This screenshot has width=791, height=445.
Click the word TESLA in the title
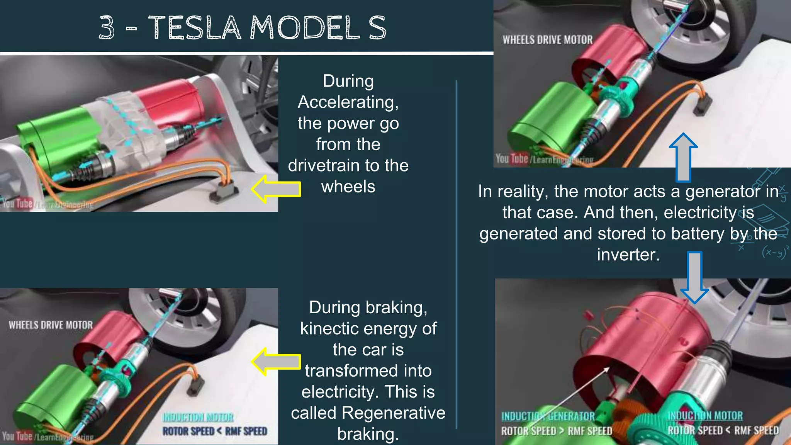195,28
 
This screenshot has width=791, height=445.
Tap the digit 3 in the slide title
107,28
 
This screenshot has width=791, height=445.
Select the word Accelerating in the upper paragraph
348,102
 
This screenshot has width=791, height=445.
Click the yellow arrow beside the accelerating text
276,189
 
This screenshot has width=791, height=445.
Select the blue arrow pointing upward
683,156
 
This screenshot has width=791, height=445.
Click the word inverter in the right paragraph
628,255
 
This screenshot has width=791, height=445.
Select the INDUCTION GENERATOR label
548,416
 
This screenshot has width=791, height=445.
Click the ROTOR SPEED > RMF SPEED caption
557,431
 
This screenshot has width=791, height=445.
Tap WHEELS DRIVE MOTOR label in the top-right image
547,40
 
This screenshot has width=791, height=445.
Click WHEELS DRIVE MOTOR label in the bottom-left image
51,325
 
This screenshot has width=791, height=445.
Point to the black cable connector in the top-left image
223,192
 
